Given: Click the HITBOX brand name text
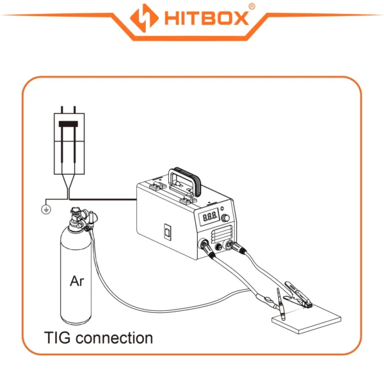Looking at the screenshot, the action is coord(207,18).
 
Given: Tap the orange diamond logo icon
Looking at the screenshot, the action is coord(144,18).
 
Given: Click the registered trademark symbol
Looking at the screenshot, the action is coord(252,6).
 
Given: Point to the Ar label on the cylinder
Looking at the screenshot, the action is coord(77,281).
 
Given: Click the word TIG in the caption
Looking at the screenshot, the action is coord(58,338).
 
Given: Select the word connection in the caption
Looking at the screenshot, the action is coord(114,338).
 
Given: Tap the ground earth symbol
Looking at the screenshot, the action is coord(46,210).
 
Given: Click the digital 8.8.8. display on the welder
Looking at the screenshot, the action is coord(209,217).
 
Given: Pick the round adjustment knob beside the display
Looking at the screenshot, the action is coord(225,218).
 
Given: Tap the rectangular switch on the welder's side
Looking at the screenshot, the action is coord(168,231).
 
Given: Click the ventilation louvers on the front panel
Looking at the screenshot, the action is coord(221,235).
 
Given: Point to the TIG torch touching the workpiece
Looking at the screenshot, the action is coord(281,305).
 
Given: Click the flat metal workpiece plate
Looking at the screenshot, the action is coord(307,319).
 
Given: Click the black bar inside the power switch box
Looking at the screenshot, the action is coord(68,124).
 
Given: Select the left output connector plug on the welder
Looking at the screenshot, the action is coord(207,248).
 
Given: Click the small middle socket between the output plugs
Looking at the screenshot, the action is coord(218,246).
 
